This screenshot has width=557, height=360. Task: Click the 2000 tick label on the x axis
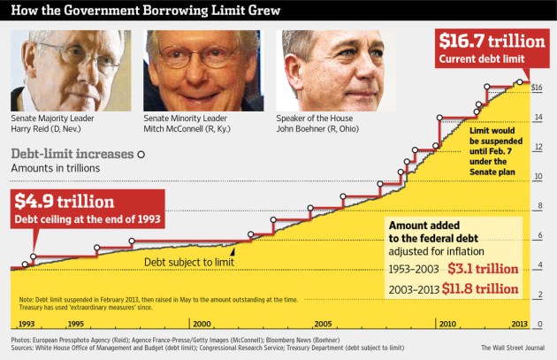201,325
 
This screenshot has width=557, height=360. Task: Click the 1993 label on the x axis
27,325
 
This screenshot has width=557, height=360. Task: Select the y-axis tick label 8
538,207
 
